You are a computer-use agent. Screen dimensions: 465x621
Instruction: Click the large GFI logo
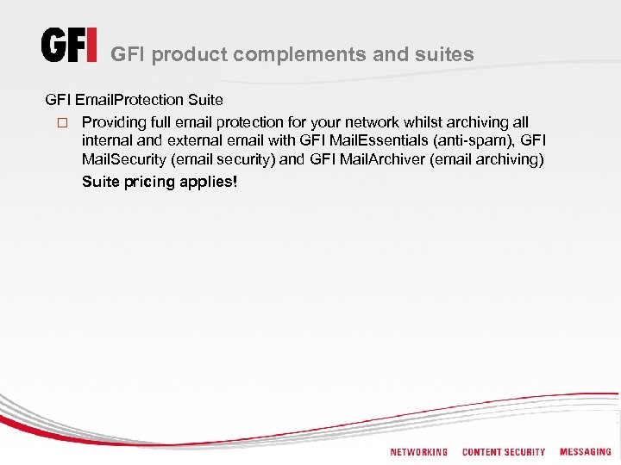click(x=69, y=46)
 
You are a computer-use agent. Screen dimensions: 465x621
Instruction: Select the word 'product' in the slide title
click(x=192, y=55)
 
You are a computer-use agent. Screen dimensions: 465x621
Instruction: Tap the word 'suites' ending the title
click(x=444, y=55)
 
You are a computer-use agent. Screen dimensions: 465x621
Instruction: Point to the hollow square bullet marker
click(x=61, y=123)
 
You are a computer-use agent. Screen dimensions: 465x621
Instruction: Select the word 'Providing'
click(x=114, y=122)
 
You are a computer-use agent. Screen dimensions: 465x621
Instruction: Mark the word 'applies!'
click(x=208, y=182)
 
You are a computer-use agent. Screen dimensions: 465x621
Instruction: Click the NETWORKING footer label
click(x=419, y=452)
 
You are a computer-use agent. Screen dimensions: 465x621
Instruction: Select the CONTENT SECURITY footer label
click(x=504, y=452)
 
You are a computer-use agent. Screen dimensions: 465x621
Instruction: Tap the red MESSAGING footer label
click(x=585, y=452)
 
